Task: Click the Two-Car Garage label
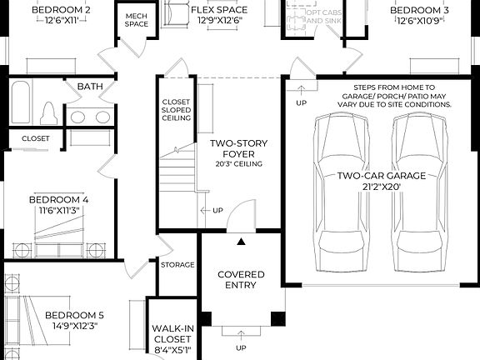tap(381, 176)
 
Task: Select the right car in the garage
tap(420, 192)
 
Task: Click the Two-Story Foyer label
tap(238, 148)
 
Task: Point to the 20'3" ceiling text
tap(238, 164)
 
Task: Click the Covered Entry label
tap(241, 280)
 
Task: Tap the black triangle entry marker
tap(242, 242)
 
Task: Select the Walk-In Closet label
tap(173, 334)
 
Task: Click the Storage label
tap(177, 265)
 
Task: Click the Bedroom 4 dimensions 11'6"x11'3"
tap(58, 211)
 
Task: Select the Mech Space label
tap(137, 20)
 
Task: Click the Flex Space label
tap(217, 10)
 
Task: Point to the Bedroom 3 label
tap(421, 10)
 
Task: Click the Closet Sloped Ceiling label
tap(176, 110)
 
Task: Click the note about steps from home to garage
tap(382, 96)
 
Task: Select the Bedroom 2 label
tap(61, 10)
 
